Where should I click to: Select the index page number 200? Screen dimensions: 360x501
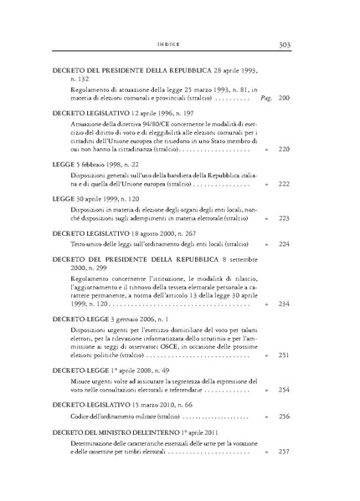point(283,98)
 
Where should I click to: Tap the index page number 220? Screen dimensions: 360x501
point(283,149)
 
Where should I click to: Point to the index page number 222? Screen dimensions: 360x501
point(283,183)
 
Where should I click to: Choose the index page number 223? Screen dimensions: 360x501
point(283,217)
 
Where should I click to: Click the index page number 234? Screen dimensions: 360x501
point(283,304)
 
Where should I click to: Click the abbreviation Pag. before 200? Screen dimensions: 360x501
point(267,98)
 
